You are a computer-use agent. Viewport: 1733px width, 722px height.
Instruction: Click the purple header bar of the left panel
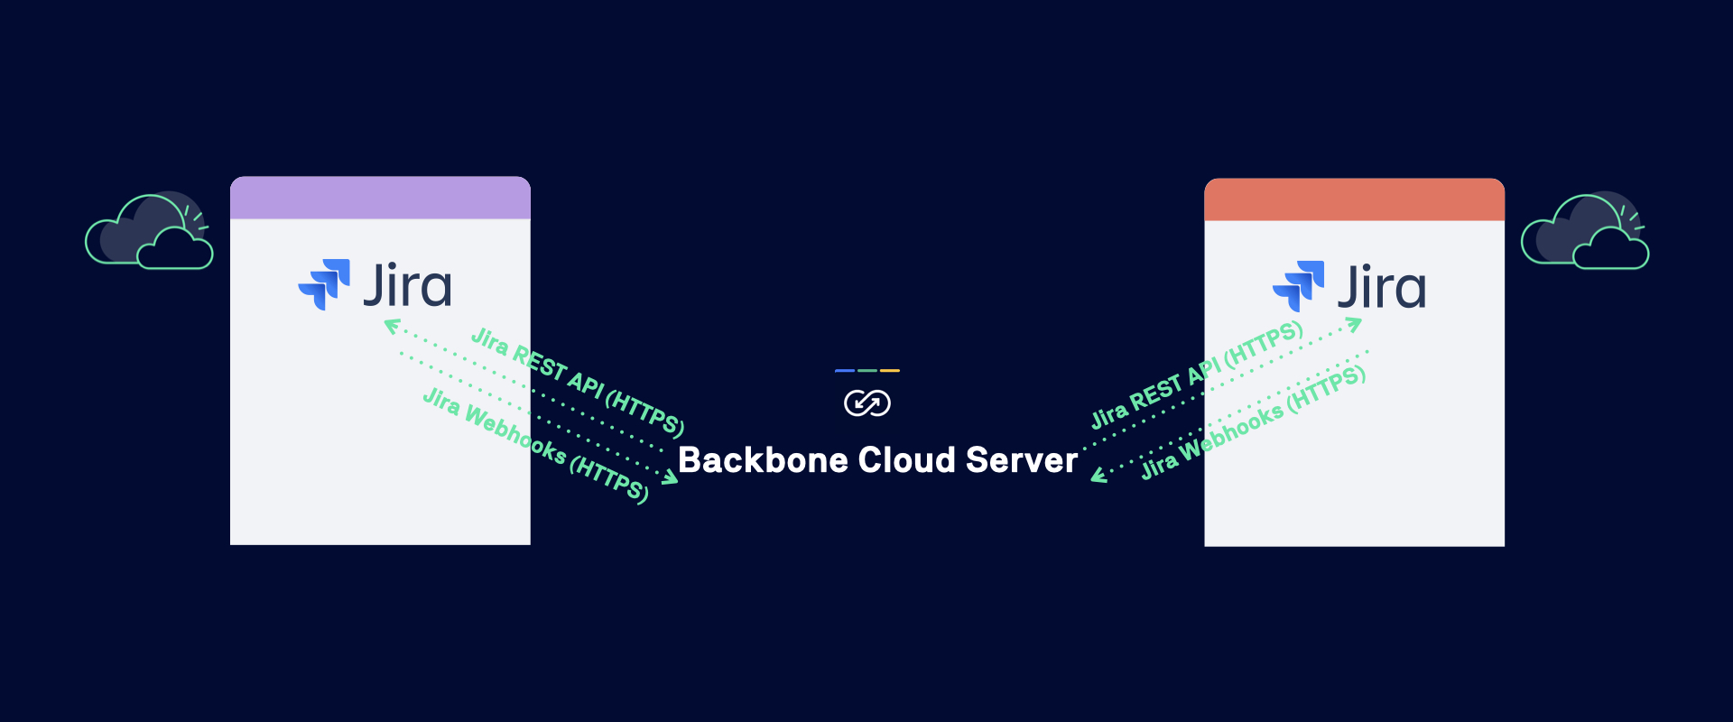click(380, 198)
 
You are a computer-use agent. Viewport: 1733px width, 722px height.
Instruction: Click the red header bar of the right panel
click(1354, 199)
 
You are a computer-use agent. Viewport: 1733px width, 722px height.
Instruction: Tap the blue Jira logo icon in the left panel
click(324, 284)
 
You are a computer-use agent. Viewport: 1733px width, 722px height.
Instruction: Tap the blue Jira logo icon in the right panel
click(1298, 286)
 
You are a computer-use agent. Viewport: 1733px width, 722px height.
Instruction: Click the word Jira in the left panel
click(407, 285)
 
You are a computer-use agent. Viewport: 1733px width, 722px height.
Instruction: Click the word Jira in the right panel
click(1381, 287)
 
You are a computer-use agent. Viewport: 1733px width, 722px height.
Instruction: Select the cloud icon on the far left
click(149, 232)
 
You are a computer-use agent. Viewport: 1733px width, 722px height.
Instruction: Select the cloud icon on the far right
click(1585, 232)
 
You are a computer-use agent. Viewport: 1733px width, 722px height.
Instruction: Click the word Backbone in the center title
click(763, 460)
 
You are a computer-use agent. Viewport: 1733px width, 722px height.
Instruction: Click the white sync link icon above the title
click(866, 403)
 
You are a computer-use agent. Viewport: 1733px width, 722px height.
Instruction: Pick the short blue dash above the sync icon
click(845, 371)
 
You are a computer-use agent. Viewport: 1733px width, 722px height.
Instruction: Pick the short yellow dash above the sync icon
click(890, 371)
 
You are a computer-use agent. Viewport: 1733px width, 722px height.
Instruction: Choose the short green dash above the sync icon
click(867, 371)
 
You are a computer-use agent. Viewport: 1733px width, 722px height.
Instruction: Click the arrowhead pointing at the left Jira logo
click(391, 326)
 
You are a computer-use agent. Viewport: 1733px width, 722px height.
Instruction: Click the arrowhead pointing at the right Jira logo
click(1354, 323)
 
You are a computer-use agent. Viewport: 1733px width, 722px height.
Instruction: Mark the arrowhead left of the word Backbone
click(670, 477)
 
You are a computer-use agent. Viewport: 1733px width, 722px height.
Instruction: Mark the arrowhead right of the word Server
click(1098, 476)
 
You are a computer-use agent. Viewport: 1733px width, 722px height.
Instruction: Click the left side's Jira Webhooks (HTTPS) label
click(535, 444)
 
